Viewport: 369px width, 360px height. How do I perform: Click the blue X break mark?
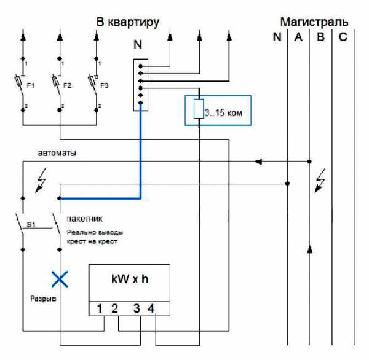click(60, 279)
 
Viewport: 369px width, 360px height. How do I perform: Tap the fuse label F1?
click(31, 85)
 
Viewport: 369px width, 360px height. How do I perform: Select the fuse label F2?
click(67, 85)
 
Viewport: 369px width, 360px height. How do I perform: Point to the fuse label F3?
click(105, 85)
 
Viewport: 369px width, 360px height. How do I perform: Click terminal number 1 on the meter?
click(99, 308)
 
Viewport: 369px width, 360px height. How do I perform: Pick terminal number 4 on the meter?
click(151, 308)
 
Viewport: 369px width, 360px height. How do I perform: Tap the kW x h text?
click(130, 279)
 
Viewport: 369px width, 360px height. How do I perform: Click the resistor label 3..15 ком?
click(223, 113)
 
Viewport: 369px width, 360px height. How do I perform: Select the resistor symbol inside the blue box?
click(199, 109)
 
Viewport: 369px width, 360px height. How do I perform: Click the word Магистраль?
click(314, 22)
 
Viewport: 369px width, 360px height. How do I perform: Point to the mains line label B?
click(320, 37)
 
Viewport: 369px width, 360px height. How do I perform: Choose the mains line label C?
click(343, 37)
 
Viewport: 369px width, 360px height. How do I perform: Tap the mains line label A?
click(298, 37)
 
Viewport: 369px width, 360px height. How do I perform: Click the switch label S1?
click(31, 225)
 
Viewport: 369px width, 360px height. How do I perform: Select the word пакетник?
click(85, 219)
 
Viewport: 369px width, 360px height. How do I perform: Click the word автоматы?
click(57, 153)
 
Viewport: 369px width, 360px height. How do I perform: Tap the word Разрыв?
click(43, 299)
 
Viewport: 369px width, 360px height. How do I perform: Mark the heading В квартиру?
click(128, 22)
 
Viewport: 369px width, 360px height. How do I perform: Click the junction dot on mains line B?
click(310, 162)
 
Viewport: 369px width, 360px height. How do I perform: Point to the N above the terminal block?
click(138, 44)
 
